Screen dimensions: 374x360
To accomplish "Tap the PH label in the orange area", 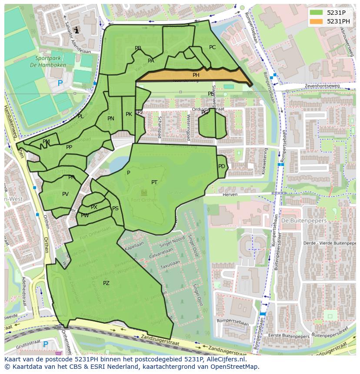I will tap(196, 75).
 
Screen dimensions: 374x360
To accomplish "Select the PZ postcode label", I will tap(106, 283).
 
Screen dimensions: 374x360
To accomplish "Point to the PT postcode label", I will tap(154, 182).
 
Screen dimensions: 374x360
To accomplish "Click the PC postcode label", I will tap(212, 47).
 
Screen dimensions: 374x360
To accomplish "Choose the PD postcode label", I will tap(222, 166).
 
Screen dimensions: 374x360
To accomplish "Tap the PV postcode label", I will tap(65, 194).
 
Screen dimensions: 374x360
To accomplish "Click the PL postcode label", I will tap(80, 116).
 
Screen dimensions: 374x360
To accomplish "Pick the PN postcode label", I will tap(111, 119).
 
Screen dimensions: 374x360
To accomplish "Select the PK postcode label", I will tap(129, 114).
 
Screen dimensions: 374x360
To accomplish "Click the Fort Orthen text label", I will tap(144, 199).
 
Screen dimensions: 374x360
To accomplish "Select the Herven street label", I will tap(230, 195).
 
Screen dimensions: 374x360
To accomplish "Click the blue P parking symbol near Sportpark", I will tap(60, 83).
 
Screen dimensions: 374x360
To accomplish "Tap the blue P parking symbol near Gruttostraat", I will tap(46, 344).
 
